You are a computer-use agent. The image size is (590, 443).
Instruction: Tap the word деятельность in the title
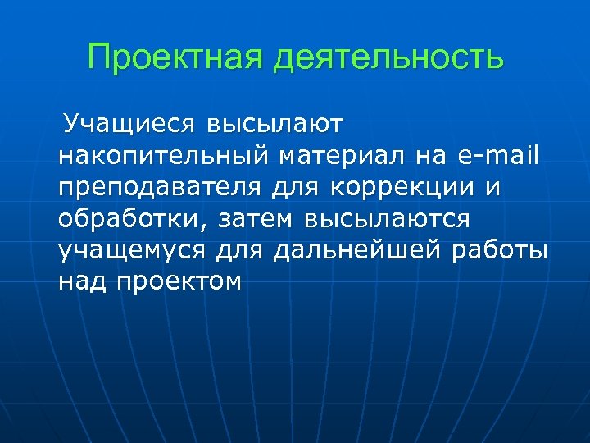389,58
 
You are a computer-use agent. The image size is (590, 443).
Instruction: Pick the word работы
501,251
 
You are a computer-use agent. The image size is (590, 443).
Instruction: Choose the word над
82,282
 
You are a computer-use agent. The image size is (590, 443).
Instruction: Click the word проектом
179,282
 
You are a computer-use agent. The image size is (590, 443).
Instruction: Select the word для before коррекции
297,189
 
